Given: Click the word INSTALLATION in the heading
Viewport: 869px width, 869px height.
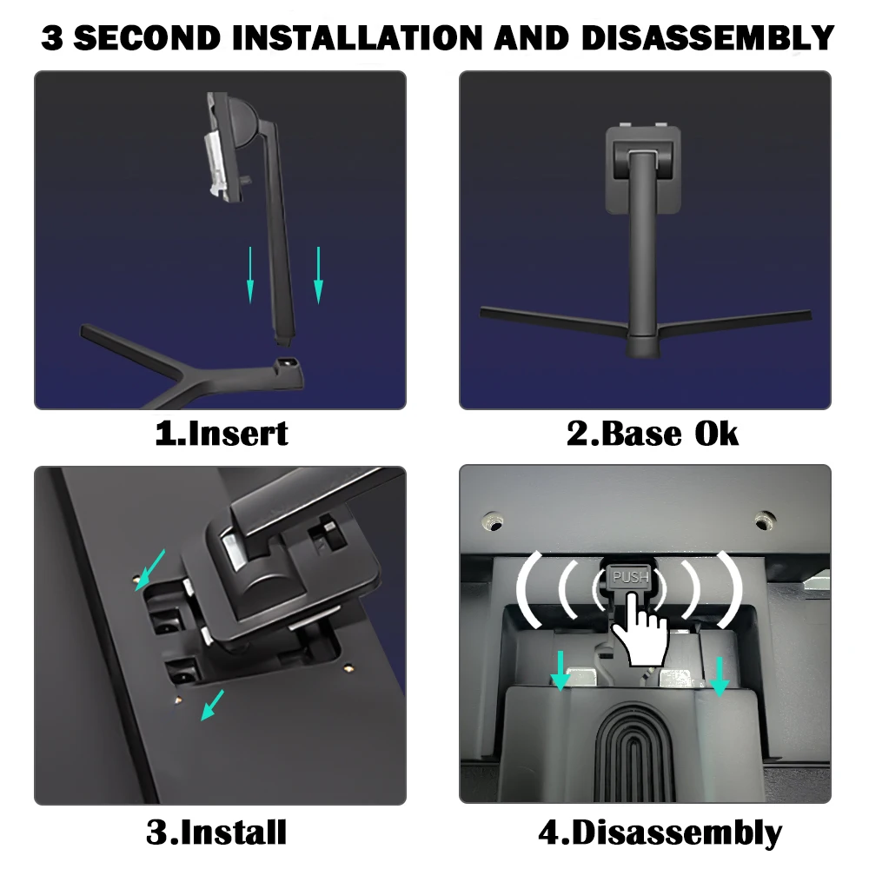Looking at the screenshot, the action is click(x=361, y=37).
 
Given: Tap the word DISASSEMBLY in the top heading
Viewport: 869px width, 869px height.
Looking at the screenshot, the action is click(x=707, y=37).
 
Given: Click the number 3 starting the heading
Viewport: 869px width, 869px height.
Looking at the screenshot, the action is click(x=52, y=37).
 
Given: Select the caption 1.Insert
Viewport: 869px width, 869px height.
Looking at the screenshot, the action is click(x=222, y=434).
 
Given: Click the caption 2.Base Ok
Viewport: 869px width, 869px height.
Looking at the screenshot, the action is click(x=653, y=434).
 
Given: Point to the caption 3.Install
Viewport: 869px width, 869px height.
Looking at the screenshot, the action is click(x=216, y=832).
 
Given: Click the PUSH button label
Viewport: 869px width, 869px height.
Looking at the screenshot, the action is click(x=631, y=578).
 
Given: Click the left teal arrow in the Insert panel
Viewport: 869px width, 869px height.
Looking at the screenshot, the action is click(x=250, y=275).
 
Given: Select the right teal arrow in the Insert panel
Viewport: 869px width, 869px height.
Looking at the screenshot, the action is click(x=318, y=275).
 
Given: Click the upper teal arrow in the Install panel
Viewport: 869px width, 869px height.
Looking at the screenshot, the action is click(x=150, y=570).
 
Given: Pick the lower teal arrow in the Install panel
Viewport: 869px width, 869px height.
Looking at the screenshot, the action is click(x=212, y=705).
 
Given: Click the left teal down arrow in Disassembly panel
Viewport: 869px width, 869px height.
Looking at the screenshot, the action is click(x=561, y=671).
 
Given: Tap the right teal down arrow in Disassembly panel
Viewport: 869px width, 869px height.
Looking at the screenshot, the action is click(x=720, y=676).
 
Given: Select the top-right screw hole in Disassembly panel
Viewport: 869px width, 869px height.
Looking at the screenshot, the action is click(x=766, y=521).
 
